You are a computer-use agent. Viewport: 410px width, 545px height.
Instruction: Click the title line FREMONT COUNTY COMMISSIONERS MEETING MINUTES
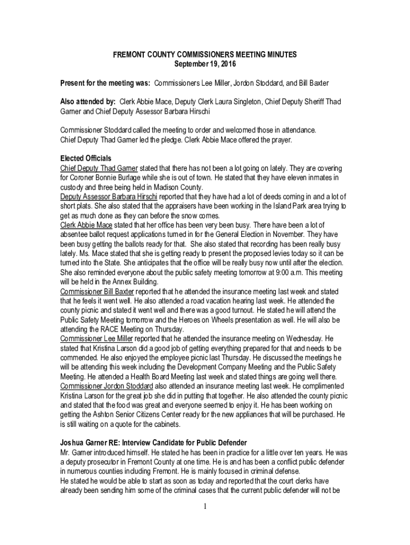[205, 55]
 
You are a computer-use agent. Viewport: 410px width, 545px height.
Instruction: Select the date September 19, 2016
[205, 64]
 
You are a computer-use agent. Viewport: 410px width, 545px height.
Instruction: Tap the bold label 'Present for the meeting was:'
[105, 84]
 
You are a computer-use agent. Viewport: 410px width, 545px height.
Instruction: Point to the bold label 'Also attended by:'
[88, 101]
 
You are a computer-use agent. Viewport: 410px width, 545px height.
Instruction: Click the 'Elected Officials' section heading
[86, 159]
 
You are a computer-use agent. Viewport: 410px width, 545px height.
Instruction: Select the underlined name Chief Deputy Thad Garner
[99, 168]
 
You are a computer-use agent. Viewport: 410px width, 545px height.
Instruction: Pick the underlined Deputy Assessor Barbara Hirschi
[105, 197]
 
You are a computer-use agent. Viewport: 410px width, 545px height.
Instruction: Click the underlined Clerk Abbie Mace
[82, 226]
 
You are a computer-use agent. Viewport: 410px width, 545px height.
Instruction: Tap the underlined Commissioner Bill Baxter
[97, 292]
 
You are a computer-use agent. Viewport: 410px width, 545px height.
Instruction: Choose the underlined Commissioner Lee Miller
[96, 338]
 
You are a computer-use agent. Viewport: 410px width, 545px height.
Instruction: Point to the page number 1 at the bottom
[205, 506]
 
